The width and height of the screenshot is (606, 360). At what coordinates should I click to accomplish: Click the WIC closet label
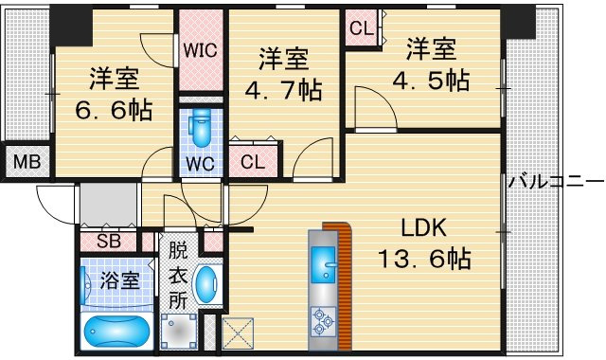(x=200, y=50)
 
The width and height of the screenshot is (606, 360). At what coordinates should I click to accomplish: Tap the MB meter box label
(x=27, y=162)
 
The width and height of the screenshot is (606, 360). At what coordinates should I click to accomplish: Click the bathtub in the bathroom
(x=117, y=332)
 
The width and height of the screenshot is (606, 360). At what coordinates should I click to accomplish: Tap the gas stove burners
(x=323, y=321)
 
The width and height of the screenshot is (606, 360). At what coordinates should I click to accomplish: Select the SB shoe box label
(x=109, y=242)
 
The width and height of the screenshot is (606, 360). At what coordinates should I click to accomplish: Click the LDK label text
(x=423, y=227)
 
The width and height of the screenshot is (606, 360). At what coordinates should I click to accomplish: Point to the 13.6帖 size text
(x=424, y=259)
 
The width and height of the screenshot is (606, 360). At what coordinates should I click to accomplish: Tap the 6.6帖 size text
(x=114, y=110)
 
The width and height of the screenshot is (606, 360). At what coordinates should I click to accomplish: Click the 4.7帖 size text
(x=284, y=91)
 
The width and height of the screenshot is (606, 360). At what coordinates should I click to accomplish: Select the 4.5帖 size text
(x=432, y=81)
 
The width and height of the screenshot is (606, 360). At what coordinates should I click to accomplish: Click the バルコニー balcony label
(x=556, y=181)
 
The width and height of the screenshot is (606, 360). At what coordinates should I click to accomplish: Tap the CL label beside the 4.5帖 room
(x=362, y=28)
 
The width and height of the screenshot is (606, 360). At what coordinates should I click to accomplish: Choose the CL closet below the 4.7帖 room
(x=253, y=162)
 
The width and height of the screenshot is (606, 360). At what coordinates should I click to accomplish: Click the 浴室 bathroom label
(x=119, y=280)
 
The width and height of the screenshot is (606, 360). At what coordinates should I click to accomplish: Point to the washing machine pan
(x=178, y=332)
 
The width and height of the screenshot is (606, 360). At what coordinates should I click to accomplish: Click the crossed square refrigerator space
(x=238, y=333)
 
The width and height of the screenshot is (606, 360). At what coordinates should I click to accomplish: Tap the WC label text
(x=200, y=164)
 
